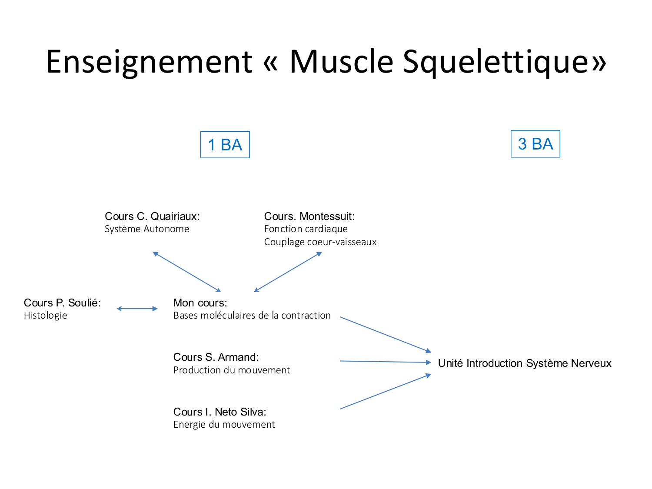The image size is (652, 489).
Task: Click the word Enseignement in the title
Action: pyautogui.click(x=149, y=61)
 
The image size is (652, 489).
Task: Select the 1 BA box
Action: pyautogui.click(x=225, y=145)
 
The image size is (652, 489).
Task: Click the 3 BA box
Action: pyautogui.click(x=535, y=144)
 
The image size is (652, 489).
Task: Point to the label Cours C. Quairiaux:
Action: pyautogui.click(x=152, y=216)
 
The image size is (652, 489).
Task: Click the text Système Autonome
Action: pyautogui.click(x=147, y=229)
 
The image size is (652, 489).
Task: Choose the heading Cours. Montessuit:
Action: pyautogui.click(x=309, y=216)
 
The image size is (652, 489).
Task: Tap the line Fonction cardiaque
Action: pyautogui.click(x=306, y=229)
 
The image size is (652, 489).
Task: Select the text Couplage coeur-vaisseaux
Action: pyautogui.click(x=320, y=242)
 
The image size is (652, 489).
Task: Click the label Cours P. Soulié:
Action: pyautogui.click(x=62, y=303)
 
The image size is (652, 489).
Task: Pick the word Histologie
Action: pyautogui.click(x=46, y=316)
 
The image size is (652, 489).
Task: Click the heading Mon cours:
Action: pyautogui.click(x=200, y=303)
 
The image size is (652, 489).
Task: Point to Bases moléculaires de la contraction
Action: pyautogui.click(x=252, y=316)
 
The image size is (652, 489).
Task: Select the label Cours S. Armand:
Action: pyautogui.click(x=216, y=357)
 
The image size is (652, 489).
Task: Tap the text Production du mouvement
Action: pyautogui.click(x=232, y=370)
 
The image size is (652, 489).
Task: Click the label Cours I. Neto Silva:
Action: pyautogui.click(x=220, y=412)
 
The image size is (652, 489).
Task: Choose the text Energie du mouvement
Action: pyautogui.click(x=224, y=425)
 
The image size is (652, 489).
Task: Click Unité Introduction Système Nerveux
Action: pyautogui.click(x=525, y=363)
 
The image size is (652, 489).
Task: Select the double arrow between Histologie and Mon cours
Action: pyautogui.click(x=137, y=309)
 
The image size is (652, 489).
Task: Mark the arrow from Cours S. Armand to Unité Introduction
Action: pyautogui.click(x=385, y=362)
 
